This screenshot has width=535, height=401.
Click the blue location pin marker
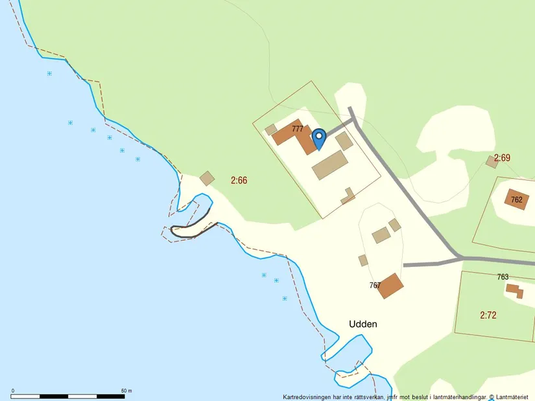pyautogui.click(x=318, y=137)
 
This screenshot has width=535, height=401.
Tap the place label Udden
pyautogui.click(x=363, y=324)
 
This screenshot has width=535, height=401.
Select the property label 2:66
pyautogui.click(x=239, y=180)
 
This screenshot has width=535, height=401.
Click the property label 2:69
pyautogui.click(x=502, y=157)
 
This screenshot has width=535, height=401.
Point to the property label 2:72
pyautogui.click(x=488, y=315)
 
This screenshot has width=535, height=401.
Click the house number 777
pyautogui.click(x=298, y=129)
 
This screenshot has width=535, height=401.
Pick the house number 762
pyautogui.click(x=516, y=200)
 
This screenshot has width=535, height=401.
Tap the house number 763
pyautogui.click(x=503, y=277)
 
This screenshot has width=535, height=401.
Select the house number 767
pyautogui.click(x=375, y=285)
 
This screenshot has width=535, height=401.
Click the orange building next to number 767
pyautogui.click(x=390, y=286)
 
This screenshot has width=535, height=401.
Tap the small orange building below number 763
pyautogui.click(x=515, y=291)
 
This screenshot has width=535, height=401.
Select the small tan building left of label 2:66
pyautogui.click(x=207, y=178)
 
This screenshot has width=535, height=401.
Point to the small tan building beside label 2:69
pyautogui.click(x=492, y=161)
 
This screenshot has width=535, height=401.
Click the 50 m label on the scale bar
pyautogui.click(x=126, y=391)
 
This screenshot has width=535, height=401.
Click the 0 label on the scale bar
pyautogui.click(x=13, y=391)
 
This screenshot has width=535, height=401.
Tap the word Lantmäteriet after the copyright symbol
pyautogui.click(x=514, y=397)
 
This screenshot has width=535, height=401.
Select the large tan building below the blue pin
pyautogui.click(x=330, y=165)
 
